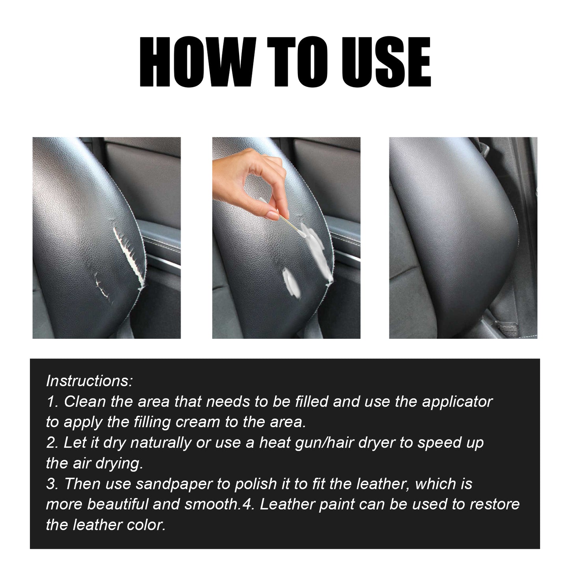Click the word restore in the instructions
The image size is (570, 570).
(495, 504)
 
